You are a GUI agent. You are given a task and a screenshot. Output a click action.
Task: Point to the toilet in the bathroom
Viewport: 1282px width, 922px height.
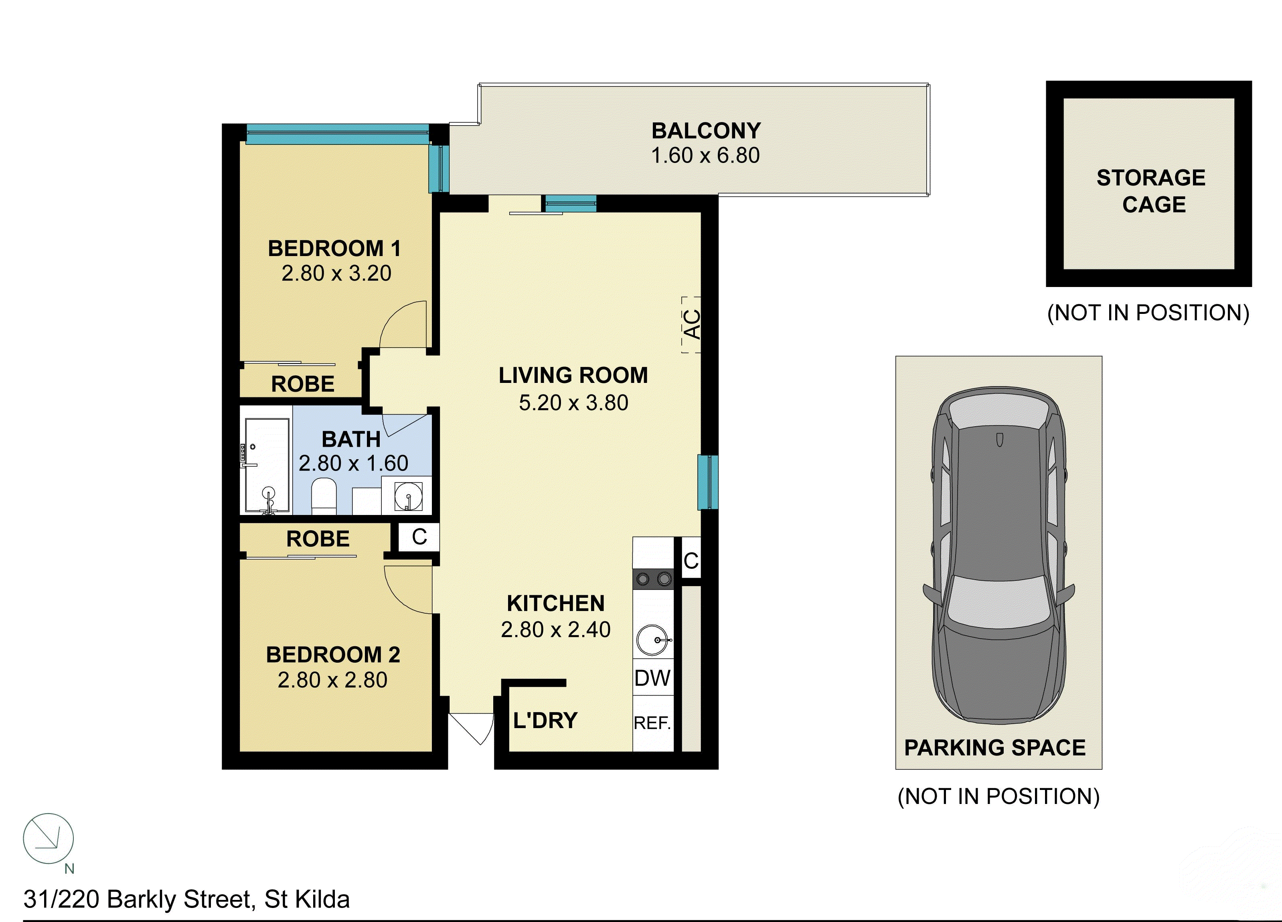[324, 496]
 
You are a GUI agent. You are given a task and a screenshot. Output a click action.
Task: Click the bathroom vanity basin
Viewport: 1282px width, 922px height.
[407, 496]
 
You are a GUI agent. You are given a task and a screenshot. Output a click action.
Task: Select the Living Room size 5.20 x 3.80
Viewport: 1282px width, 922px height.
[573, 403]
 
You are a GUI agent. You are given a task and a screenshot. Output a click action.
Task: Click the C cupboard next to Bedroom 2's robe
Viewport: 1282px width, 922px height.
[419, 537]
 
